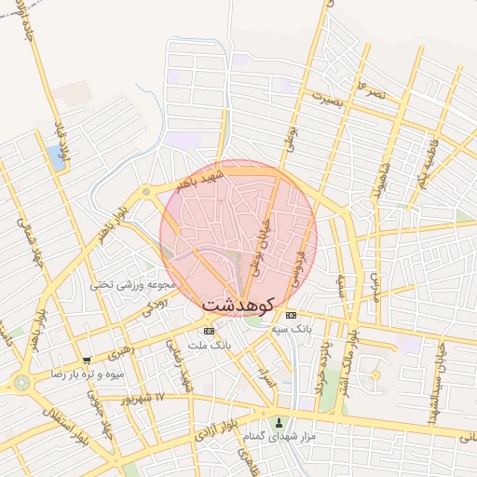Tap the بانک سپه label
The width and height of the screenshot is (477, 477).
(x=319, y=329)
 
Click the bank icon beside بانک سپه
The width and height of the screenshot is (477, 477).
(x=290, y=316)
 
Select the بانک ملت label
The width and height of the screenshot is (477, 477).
(x=208, y=345)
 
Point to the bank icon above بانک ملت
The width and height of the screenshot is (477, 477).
(x=208, y=331)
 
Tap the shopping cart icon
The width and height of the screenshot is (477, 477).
(x=87, y=360)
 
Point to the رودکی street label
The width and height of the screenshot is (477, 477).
(x=154, y=304)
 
